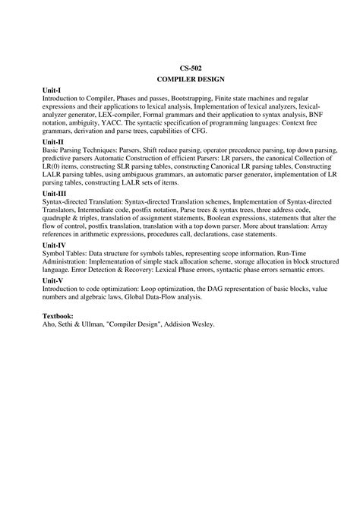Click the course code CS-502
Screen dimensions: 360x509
tap(180, 67)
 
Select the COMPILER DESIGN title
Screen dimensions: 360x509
tap(180, 78)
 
